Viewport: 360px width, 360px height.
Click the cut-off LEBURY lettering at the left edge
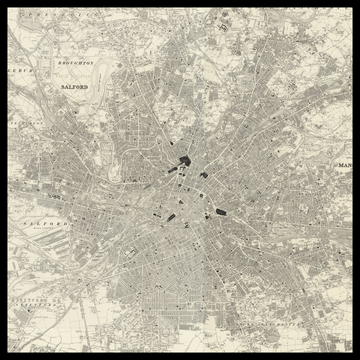tap(17, 73)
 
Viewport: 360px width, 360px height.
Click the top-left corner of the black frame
tap(3, 3)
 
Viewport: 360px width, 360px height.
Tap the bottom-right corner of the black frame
tap(356, 356)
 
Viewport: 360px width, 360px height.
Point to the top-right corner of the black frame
tap(356, 3)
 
